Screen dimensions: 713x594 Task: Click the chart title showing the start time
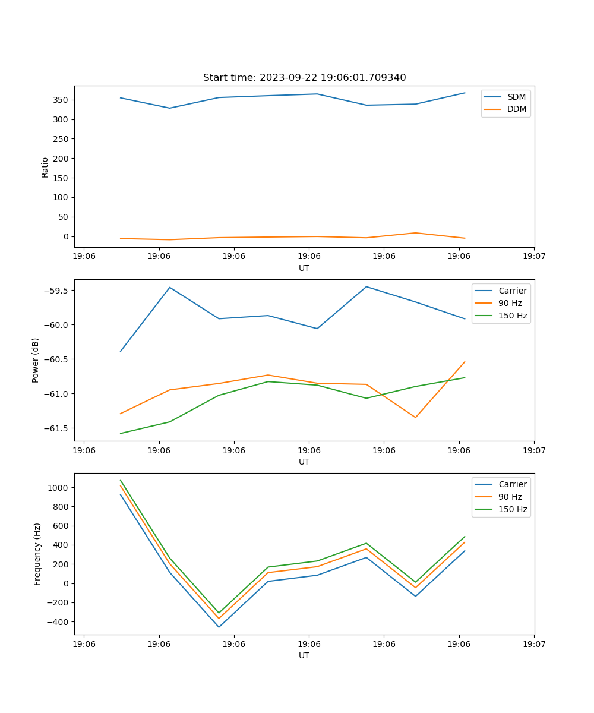(304, 78)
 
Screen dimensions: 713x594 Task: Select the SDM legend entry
(516, 97)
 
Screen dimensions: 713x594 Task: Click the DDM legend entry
(516, 109)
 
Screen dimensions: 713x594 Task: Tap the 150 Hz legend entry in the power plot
(513, 316)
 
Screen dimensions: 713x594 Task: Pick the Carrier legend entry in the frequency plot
(513, 484)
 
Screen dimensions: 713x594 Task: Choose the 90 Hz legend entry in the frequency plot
(510, 497)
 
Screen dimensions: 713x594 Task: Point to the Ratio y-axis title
(45, 167)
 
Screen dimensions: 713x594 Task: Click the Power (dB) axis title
(36, 360)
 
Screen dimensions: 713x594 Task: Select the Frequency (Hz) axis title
(37, 554)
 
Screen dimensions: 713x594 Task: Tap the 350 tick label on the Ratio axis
(61, 100)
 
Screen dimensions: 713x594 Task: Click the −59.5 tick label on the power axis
(55, 291)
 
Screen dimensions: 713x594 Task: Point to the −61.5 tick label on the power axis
(55, 428)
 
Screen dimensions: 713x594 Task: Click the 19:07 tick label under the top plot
(533, 257)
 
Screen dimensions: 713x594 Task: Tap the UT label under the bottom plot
(304, 655)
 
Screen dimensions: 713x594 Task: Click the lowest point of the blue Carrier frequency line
(219, 627)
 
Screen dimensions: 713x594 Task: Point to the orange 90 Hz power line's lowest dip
(415, 417)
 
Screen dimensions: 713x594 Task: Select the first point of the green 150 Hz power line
(121, 433)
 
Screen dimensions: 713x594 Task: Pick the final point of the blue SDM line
(465, 93)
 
